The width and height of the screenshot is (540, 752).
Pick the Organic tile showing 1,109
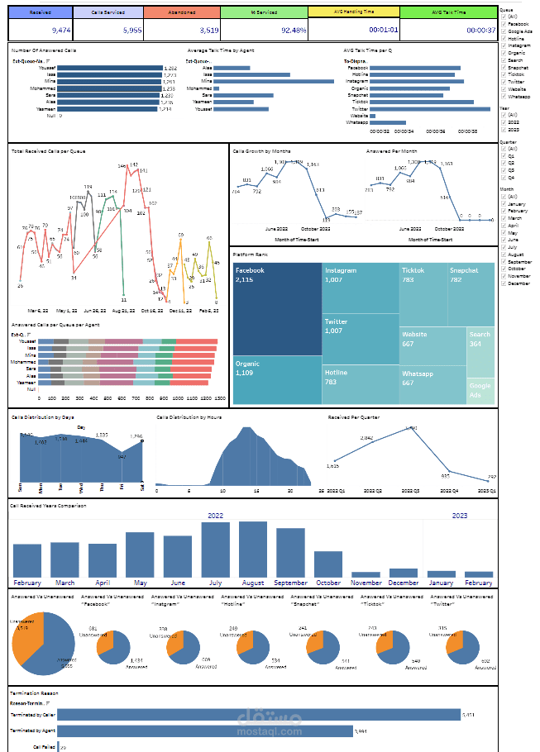[276, 380]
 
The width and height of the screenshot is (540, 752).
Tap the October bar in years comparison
[328, 563]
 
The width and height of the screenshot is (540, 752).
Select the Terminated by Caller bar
[249, 714]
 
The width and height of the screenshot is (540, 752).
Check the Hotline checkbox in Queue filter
[504, 39]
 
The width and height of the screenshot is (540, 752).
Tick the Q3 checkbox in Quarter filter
[504, 169]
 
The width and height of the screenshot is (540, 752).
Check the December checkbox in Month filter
[504, 283]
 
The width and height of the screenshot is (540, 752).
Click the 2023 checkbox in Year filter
[504, 130]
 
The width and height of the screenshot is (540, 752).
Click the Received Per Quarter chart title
[353, 417]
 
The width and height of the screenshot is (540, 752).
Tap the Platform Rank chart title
[249, 255]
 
